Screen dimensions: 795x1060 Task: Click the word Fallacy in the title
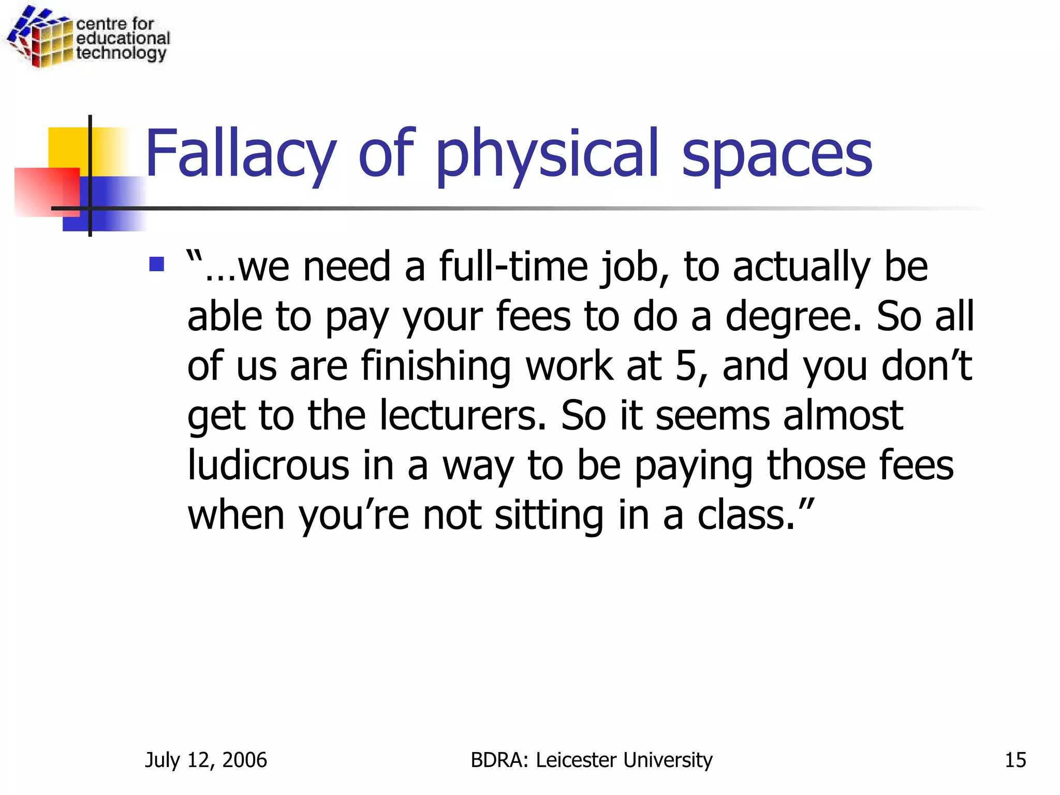click(241, 154)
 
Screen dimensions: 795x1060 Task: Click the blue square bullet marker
click(156, 264)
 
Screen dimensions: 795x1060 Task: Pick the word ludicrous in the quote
click(268, 464)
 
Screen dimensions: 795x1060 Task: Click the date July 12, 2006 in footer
click(205, 760)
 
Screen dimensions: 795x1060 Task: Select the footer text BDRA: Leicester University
click(591, 760)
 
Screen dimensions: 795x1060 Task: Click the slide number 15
click(1015, 760)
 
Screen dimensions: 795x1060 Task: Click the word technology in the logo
click(121, 53)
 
